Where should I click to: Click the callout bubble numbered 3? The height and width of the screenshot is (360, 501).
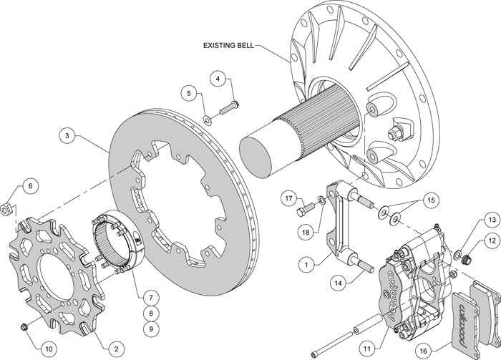66,134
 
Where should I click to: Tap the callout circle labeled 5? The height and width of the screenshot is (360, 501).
188,92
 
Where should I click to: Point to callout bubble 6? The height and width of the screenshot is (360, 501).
29,187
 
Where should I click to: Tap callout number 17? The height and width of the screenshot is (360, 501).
288,197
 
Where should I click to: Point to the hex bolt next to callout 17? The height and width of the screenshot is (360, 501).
303,208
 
